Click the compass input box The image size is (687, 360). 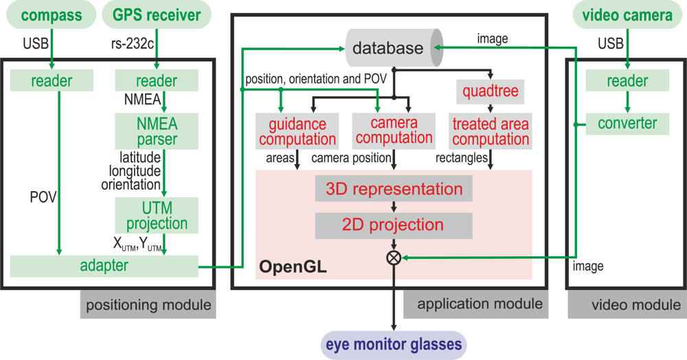52,15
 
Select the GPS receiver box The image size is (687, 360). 157,15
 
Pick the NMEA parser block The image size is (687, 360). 157,131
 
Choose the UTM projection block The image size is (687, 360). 157,216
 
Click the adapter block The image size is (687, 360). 104,265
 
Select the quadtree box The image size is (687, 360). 490,91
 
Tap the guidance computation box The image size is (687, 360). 297,131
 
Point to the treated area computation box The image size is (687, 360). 490,131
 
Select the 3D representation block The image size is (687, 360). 394,189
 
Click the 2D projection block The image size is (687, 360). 394,225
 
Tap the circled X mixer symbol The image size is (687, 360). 394,258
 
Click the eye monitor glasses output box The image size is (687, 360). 394,343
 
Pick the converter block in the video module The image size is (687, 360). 627,124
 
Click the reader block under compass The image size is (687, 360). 52,81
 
